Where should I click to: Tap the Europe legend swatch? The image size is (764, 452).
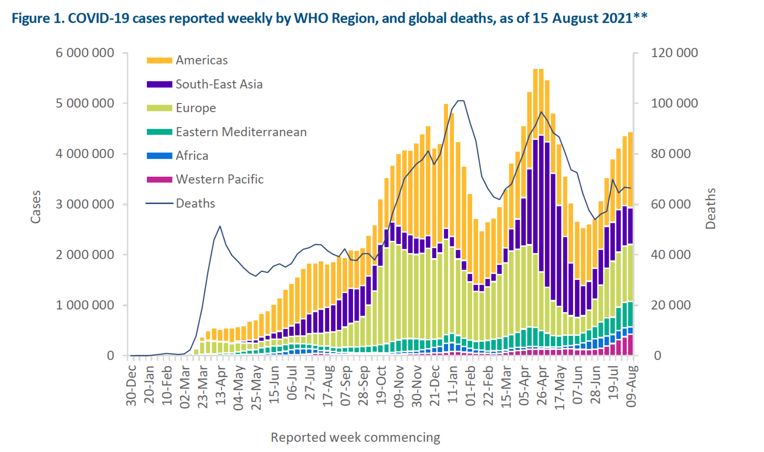159,108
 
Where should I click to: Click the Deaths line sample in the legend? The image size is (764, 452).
159,204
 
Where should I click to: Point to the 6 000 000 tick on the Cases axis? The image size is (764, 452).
84,53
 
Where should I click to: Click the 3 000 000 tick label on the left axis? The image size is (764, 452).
84,204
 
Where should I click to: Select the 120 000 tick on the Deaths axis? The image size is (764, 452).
674,53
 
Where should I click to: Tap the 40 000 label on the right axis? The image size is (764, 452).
671,255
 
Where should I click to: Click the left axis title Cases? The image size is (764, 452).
36,207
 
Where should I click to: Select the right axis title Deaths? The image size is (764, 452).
710,208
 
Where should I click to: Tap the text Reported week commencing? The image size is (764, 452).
355,437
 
